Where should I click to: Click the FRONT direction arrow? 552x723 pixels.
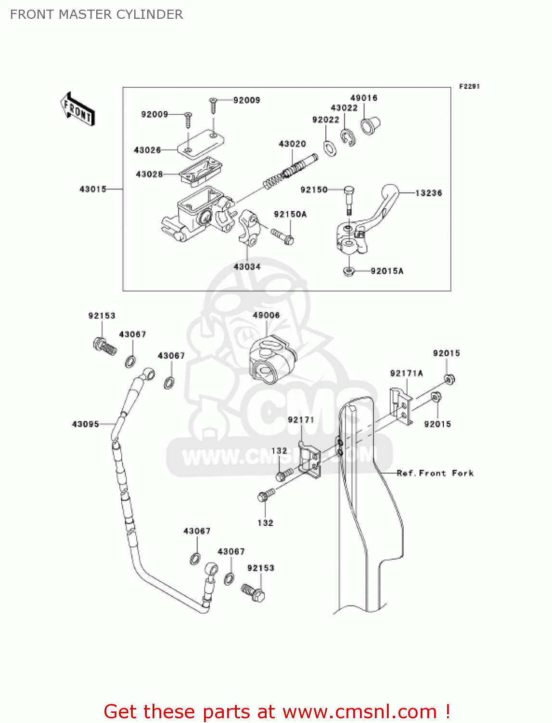click(77, 109)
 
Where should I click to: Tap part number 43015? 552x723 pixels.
click(93, 189)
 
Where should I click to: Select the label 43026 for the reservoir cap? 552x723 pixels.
click(147, 150)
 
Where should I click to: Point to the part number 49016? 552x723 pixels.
click(364, 98)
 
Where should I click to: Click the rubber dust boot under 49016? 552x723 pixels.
click(370, 126)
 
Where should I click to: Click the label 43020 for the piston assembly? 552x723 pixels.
click(292, 144)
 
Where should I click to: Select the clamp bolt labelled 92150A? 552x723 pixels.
click(283, 236)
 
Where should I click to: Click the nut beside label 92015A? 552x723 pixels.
click(349, 271)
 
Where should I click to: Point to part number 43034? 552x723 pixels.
click(247, 267)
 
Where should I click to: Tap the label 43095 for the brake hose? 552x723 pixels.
click(85, 424)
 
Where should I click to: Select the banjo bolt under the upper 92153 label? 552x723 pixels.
click(104, 346)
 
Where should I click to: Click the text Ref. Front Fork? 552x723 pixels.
click(435, 473)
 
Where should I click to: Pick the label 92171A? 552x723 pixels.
click(406, 374)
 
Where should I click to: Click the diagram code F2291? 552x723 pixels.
click(469, 87)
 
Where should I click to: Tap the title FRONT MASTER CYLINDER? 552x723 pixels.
click(96, 14)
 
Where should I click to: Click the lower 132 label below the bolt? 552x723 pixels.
click(265, 523)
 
